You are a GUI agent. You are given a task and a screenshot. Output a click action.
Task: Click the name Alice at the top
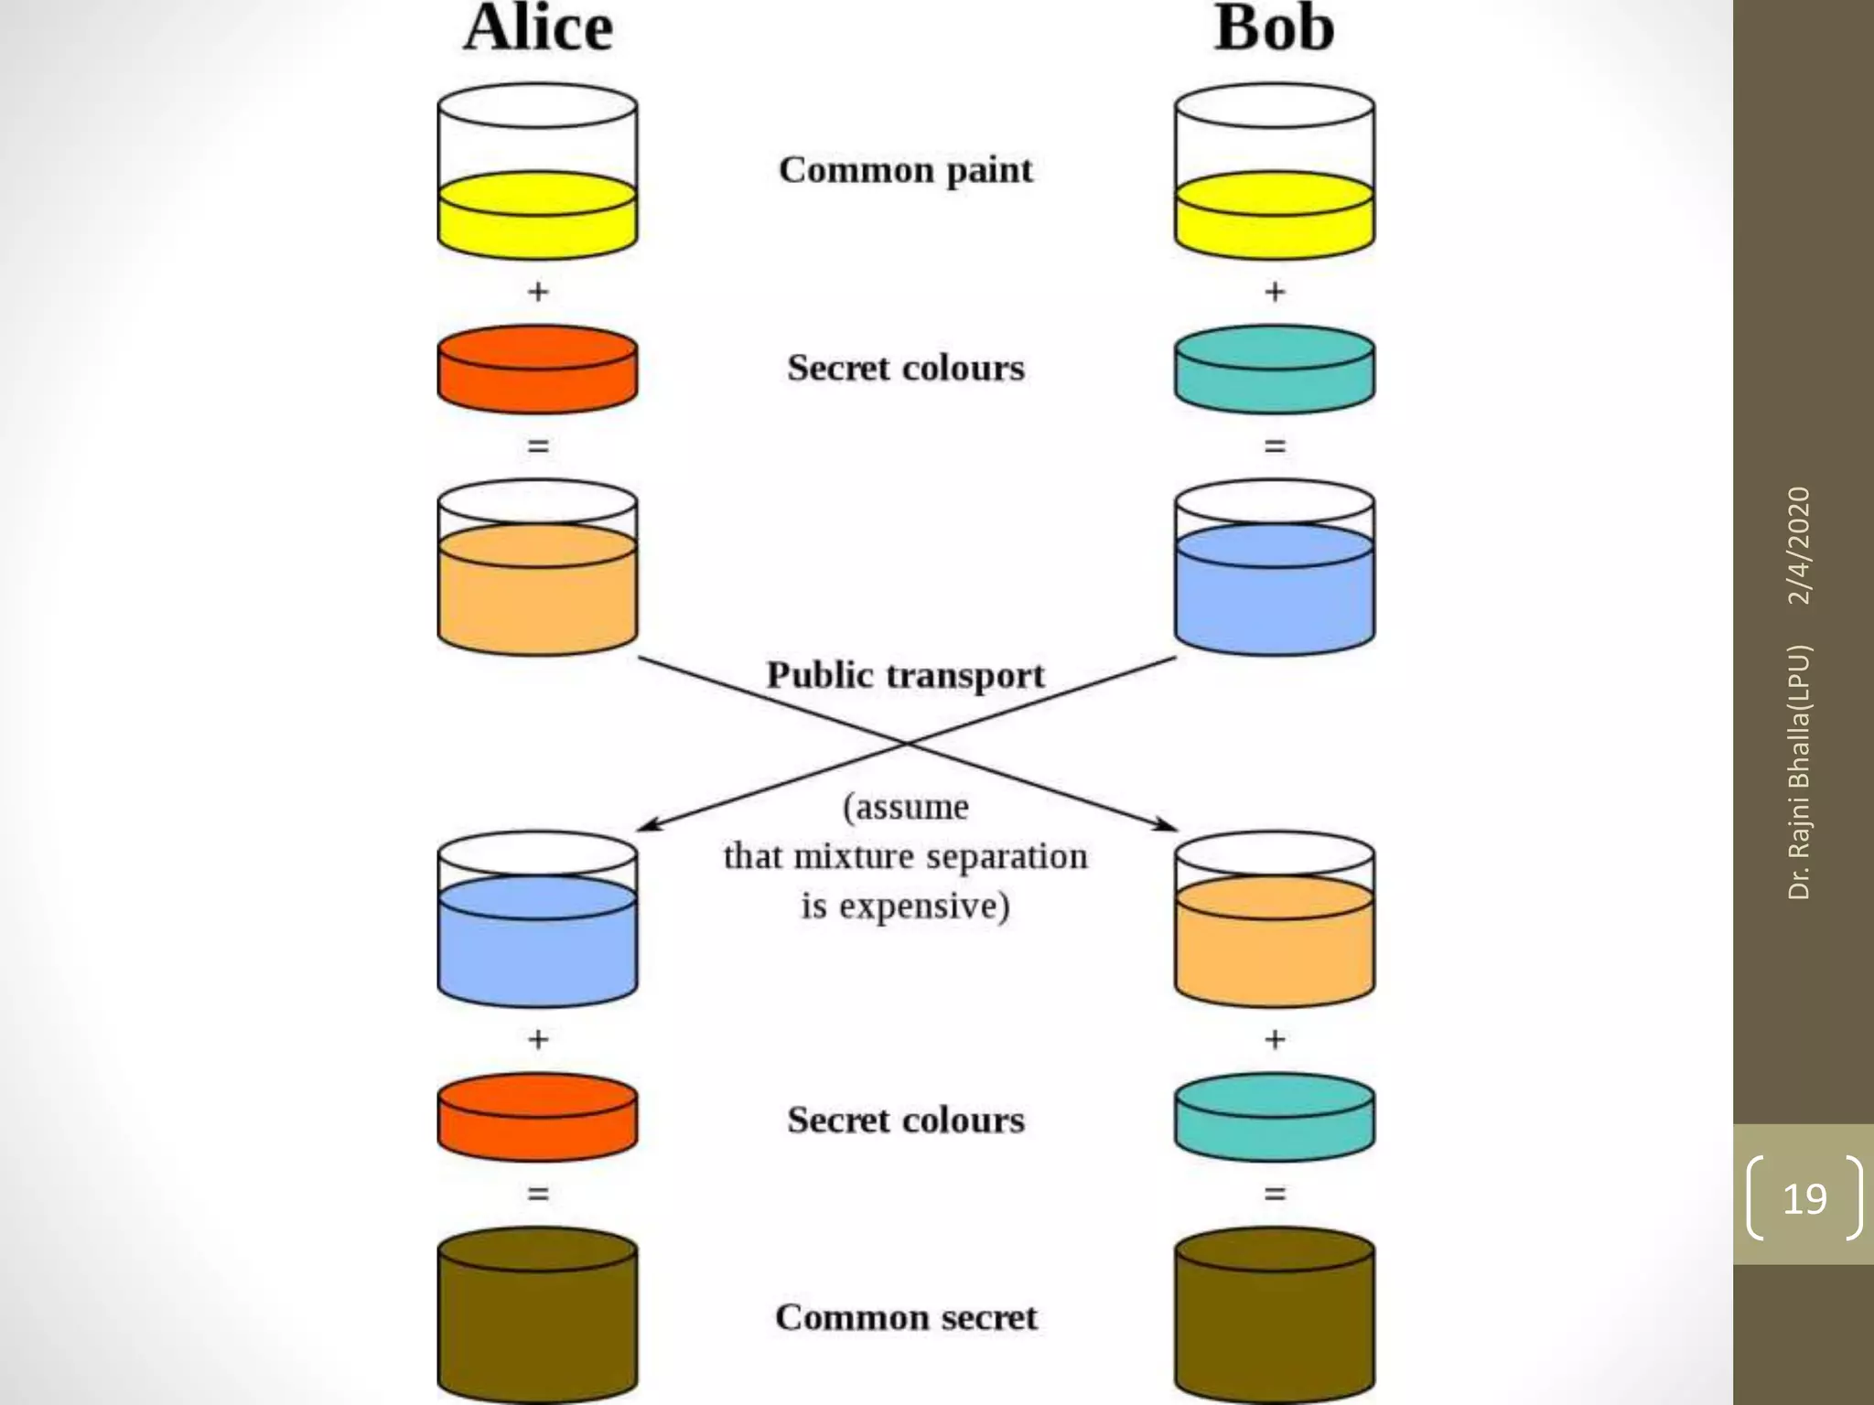[x=538, y=28]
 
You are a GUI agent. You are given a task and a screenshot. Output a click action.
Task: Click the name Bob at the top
[x=1274, y=28]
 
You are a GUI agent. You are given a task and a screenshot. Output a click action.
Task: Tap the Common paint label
[x=905, y=170]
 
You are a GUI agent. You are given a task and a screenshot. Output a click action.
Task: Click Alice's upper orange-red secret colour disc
[x=537, y=369]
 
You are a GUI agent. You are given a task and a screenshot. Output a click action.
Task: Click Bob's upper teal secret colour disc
[x=1274, y=369]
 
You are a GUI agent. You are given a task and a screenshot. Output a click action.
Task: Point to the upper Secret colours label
[x=905, y=368]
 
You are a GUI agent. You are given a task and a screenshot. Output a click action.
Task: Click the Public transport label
[x=905, y=675]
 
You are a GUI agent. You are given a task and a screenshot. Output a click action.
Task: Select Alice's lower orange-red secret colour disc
[x=537, y=1117]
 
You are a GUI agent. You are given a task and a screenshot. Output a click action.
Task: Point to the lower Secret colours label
[x=905, y=1120]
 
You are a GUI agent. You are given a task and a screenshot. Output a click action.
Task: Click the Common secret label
[x=905, y=1317]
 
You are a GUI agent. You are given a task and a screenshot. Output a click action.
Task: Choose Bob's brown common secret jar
[x=1274, y=1317]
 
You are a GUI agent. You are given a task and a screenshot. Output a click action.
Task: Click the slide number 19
[x=1804, y=1198]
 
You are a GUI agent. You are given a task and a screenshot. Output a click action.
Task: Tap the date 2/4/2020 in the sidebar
[x=1798, y=545]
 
